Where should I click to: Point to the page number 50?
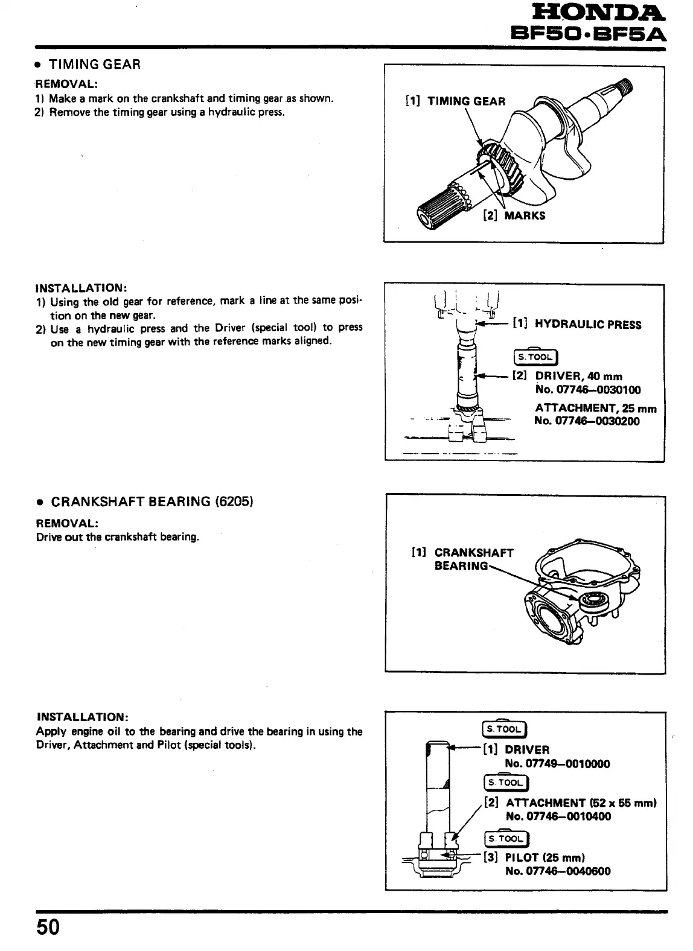48,926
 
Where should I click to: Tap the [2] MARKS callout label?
514,215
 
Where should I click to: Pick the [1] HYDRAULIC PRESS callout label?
576,325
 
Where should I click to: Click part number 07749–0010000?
557,764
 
